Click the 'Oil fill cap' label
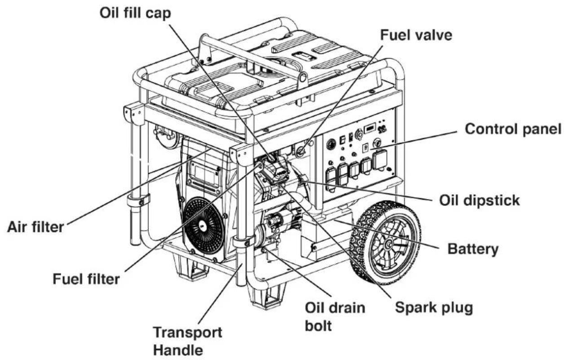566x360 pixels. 135,13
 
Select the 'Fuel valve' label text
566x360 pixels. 416,35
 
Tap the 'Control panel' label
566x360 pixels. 513,129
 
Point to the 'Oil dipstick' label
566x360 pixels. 479,200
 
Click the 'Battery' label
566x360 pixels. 473,249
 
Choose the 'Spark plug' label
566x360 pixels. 434,308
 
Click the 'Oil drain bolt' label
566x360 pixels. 335,316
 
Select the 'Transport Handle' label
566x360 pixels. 188,341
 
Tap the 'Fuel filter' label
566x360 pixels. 86,280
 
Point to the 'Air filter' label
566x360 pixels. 35,227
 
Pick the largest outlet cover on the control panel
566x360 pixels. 380,160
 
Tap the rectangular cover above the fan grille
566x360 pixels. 205,174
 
